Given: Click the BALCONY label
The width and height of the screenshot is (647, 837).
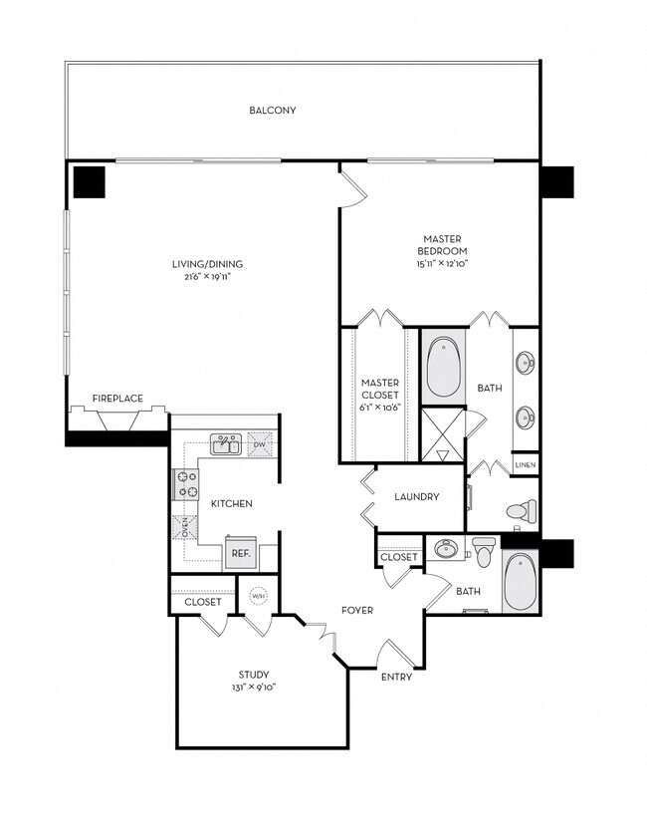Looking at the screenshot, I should (273, 111).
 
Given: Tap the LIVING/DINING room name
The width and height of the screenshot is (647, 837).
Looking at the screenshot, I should (206, 264).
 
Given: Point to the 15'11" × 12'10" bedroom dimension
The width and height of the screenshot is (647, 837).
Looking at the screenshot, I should (440, 264).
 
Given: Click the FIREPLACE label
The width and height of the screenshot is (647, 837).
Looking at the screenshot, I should (117, 399).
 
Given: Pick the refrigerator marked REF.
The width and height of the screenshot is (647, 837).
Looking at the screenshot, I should (240, 551).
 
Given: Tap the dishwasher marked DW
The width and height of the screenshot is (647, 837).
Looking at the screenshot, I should (260, 443).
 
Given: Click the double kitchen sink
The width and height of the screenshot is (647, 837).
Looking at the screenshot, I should (224, 443).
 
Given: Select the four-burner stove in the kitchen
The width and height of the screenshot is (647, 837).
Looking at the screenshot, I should (185, 484).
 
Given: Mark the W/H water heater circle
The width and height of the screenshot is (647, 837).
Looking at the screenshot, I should (258, 596).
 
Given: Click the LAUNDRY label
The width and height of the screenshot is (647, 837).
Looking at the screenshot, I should (416, 497).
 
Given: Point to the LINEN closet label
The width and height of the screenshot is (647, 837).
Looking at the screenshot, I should (526, 465).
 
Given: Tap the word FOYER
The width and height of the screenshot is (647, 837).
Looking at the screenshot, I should (356, 610).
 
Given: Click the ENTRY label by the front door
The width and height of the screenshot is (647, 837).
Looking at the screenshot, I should (396, 677).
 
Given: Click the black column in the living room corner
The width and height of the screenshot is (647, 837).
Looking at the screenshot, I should (90, 181).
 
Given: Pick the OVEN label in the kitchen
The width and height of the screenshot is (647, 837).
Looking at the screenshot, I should (184, 526).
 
